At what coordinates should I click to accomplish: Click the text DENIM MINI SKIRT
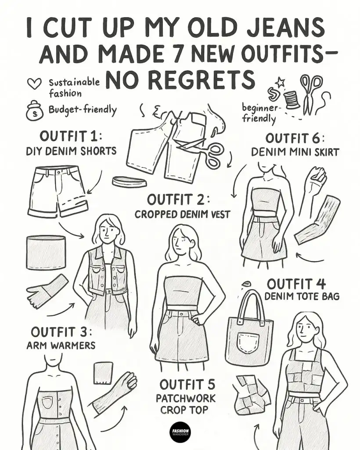pyautogui.click(x=295, y=152)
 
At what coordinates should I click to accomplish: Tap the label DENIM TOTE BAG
pyautogui.click(x=302, y=297)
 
